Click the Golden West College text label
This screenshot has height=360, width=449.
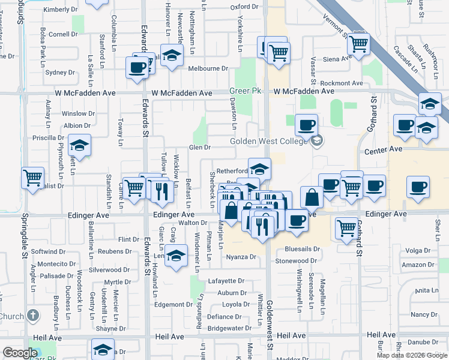coord(270,141)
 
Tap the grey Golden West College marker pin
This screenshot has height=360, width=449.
coord(317,141)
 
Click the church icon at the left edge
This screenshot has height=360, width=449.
coord(33,316)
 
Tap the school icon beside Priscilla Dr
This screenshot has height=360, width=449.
coord(79,145)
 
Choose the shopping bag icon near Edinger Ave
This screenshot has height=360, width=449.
coord(312,197)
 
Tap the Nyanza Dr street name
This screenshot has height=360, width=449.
coord(241,257)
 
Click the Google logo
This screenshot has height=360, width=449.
coord(20,353)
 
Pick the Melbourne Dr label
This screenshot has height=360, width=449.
coord(208,68)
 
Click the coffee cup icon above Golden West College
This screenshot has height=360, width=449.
coord(307,125)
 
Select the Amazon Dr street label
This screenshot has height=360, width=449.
coord(415,265)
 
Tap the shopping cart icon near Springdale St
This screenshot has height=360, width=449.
coord(32,178)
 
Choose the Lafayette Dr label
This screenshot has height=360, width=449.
coord(226,280)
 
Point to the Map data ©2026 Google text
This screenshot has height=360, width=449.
coord(412,355)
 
